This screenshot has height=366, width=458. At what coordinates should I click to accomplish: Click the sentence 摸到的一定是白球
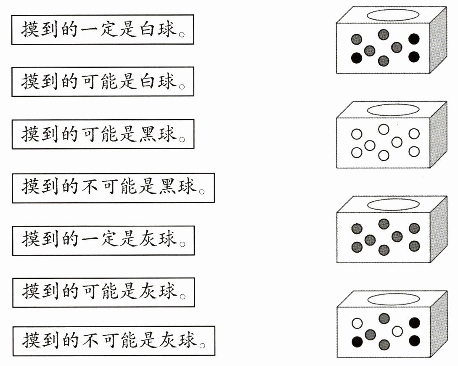(103, 29)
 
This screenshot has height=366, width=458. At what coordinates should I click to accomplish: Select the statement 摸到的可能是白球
(103, 81)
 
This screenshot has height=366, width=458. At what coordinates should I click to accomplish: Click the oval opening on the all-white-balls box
(392, 110)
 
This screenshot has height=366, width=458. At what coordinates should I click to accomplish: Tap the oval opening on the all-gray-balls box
(392, 204)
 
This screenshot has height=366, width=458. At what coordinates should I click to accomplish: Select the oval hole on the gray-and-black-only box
(392, 15)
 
